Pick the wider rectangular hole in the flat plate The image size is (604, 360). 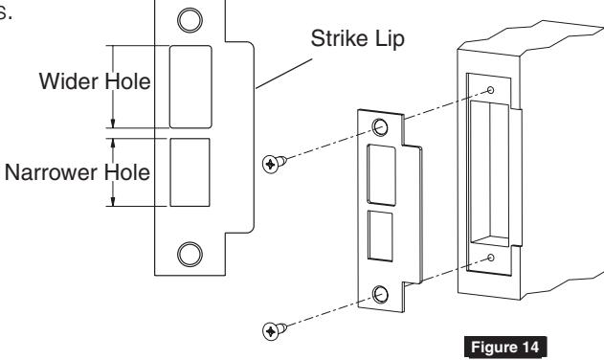[190, 85]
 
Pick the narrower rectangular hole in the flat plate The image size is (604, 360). [190, 172]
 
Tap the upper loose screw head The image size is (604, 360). [272, 164]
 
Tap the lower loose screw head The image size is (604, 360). [272, 330]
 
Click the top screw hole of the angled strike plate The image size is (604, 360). [380, 126]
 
